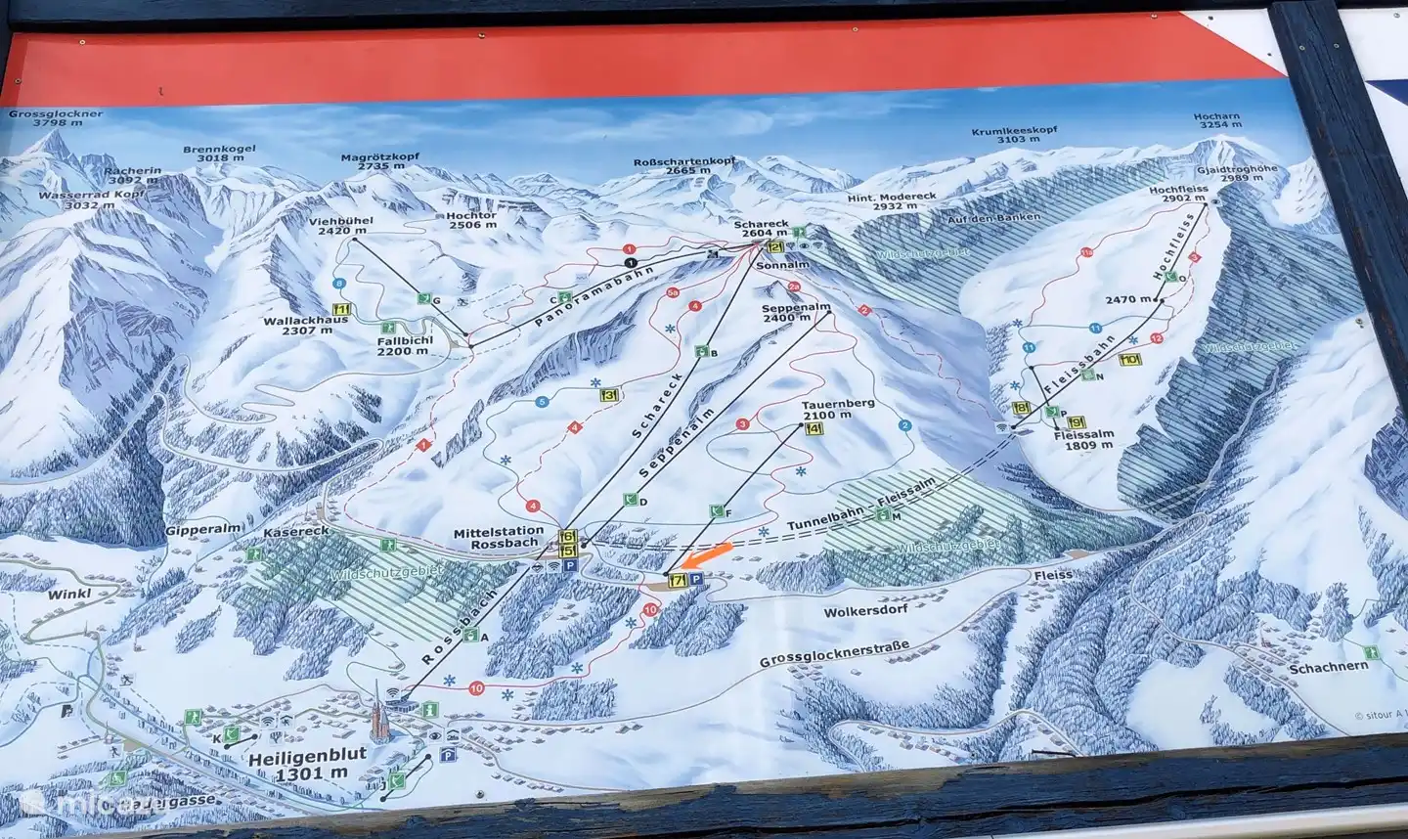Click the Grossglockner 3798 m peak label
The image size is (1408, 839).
pos(56,118)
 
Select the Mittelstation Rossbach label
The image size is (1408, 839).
pos(498,538)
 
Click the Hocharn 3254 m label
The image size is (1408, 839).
pos(1216,121)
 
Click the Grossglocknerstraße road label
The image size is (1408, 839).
pos(834,654)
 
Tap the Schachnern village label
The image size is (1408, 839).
pos(1328,669)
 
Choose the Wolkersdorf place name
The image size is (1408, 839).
pos(866,609)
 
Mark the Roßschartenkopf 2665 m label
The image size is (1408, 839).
pos(684,164)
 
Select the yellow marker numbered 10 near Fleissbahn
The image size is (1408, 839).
pos(1130,360)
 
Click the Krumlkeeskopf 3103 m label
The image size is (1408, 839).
pos(1012,135)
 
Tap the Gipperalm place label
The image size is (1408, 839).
pos(191,529)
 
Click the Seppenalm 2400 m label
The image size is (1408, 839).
pos(796,312)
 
